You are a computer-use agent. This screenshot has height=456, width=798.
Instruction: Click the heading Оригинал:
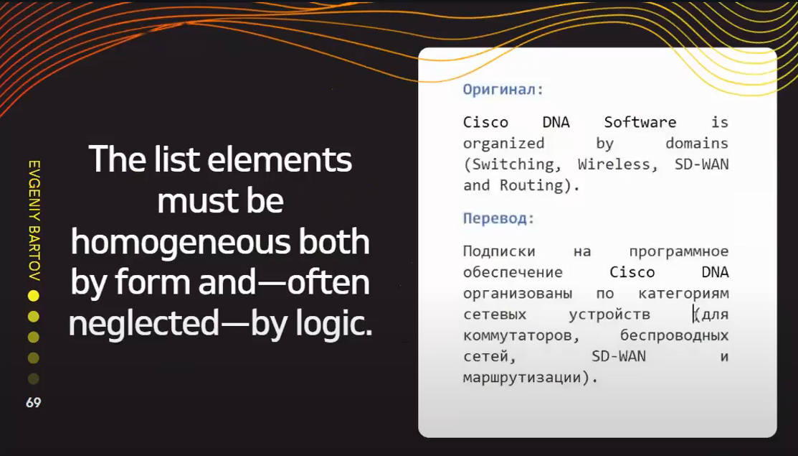(503, 90)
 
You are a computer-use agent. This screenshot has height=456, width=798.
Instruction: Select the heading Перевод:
(498, 218)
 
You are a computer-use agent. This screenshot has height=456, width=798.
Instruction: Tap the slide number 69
(34, 403)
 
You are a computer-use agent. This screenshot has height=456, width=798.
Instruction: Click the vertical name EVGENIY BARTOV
(34, 220)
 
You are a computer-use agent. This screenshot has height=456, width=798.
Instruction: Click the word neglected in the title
(143, 324)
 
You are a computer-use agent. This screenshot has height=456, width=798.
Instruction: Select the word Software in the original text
(640, 122)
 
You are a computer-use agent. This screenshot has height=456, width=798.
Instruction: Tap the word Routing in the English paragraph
(531, 185)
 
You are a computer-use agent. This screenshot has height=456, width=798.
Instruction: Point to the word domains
(697, 143)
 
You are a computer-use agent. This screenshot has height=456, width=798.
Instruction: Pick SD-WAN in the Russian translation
(618, 356)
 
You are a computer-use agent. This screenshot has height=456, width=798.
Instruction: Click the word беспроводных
(674, 335)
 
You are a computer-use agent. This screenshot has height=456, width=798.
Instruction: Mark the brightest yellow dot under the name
(34, 296)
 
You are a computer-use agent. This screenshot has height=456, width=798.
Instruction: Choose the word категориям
(683, 294)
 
